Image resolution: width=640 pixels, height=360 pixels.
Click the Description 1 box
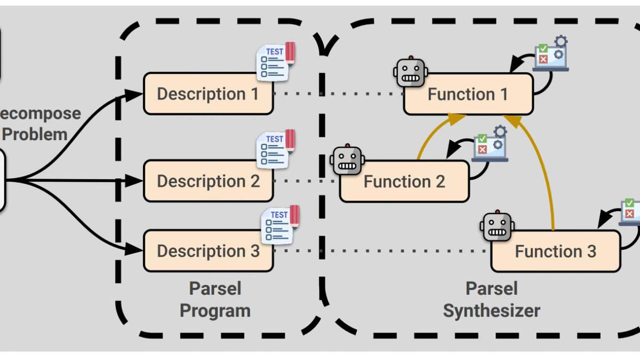click(x=208, y=94)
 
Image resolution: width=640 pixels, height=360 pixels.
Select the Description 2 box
click(x=208, y=181)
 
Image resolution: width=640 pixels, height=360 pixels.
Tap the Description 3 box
click(x=208, y=251)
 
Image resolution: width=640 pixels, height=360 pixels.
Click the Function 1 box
click(x=468, y=94)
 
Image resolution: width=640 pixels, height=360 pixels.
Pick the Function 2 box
click(x=404, y=181)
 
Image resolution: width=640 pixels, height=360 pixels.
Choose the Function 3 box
click(x=556, y=251)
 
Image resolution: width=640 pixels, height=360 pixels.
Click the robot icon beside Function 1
click(x=410, y=73)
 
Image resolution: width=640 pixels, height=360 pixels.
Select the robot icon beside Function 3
click(x=498, y=228)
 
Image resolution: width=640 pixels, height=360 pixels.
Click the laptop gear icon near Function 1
click(x=551, y=53)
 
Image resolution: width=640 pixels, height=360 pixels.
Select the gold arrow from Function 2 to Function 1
click(x=429, y=136)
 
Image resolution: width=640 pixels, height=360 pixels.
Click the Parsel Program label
click(x=215, y=300)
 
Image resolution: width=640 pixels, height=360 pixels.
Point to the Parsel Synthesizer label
click(x=491, y=300)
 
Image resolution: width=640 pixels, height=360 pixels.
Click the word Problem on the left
click(x=35, y=134)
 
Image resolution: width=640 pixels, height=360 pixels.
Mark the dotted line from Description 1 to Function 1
click(x=339, y=94)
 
